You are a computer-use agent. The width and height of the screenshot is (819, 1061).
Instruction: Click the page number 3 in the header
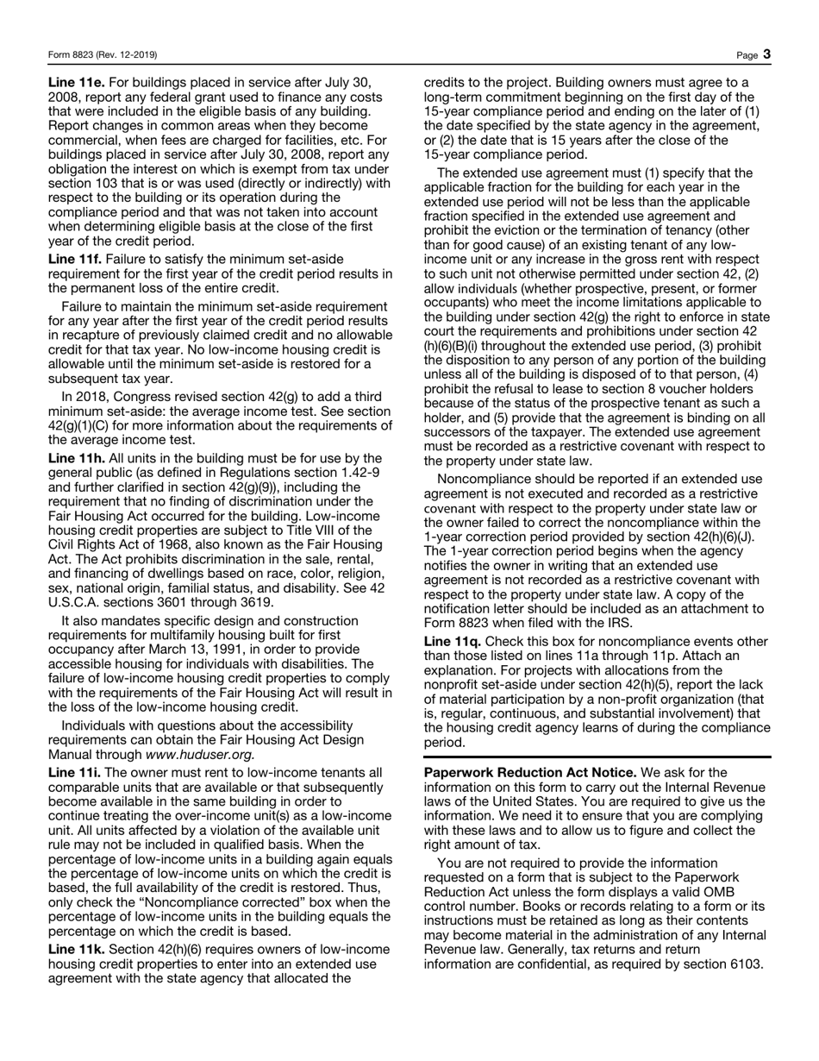click(x=766, y=54)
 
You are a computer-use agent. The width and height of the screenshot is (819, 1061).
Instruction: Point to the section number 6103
click(x=745, y=963)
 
